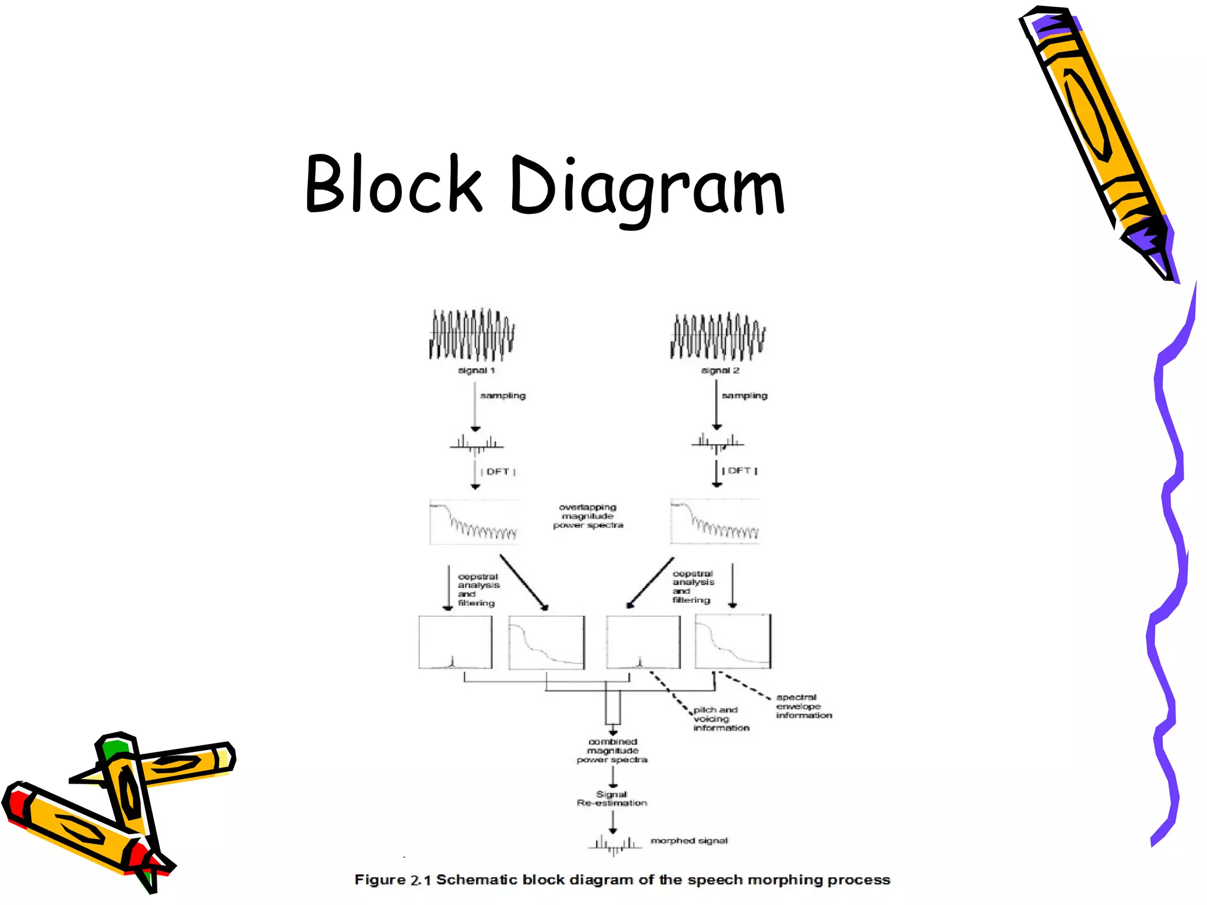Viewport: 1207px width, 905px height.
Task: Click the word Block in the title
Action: [x=394, y=184]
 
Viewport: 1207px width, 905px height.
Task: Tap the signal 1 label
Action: [x=476, y=371]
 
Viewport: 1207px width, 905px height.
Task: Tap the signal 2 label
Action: [x=720, y=371]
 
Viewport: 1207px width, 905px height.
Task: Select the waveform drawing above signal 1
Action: [x=471, y=335]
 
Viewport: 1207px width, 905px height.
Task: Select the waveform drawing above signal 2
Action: [x=717, y=336]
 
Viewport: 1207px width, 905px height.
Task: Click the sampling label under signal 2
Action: [x=744, y=395]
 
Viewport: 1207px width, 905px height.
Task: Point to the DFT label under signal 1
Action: [x=498, y=471]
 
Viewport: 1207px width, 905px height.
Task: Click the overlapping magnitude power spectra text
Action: [x=588, y=516]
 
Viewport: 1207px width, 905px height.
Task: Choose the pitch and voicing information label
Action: [x=720, y=719]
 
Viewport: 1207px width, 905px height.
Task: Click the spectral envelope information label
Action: [x=803, y=706]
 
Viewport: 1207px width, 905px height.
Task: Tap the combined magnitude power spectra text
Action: [x=612, y=751]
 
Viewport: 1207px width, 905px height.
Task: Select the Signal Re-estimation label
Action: [x=612, y=798]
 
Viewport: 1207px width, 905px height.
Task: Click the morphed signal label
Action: [x=688, y=841]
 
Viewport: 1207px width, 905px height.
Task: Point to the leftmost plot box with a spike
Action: [x=455, y=642]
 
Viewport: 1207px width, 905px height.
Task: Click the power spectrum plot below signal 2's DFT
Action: [x=714, y=521]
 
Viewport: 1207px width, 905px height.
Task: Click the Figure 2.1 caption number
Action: [x=421, y=880]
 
